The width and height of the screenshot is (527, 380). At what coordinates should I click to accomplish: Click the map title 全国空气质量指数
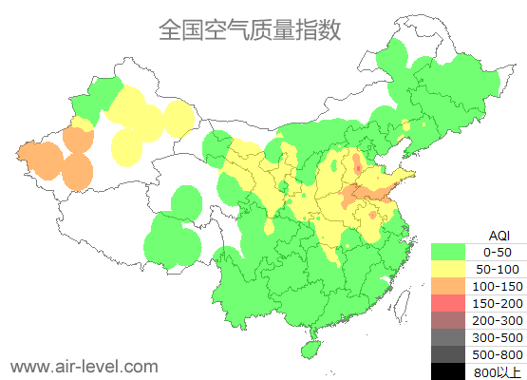coord(249,29)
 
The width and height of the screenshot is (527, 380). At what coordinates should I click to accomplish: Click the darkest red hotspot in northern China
coord(357,168)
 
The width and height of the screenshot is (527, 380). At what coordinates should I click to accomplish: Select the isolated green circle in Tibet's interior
coord(186,202)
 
